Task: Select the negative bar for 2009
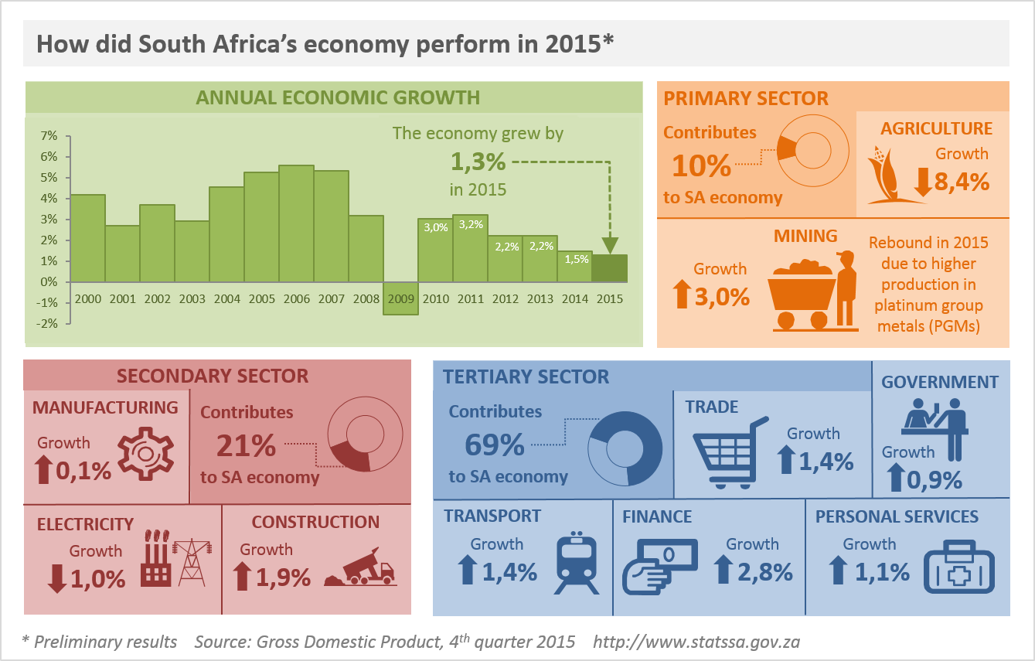(400, 298)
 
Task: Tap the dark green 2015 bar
(609, 267)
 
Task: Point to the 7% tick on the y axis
(49, 136)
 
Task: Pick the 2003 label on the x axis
(192, 298)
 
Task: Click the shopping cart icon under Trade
(730, 454)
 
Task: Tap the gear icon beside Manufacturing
(147, 455)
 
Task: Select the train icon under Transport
(578, 562)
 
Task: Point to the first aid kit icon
(960, 569)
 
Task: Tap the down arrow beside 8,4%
(923, 181)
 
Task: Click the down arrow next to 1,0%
(57, 578)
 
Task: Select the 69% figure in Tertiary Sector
(495, 445)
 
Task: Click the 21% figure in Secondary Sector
(246, 445)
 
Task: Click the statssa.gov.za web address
(696, 642)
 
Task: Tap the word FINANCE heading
(657, 516)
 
